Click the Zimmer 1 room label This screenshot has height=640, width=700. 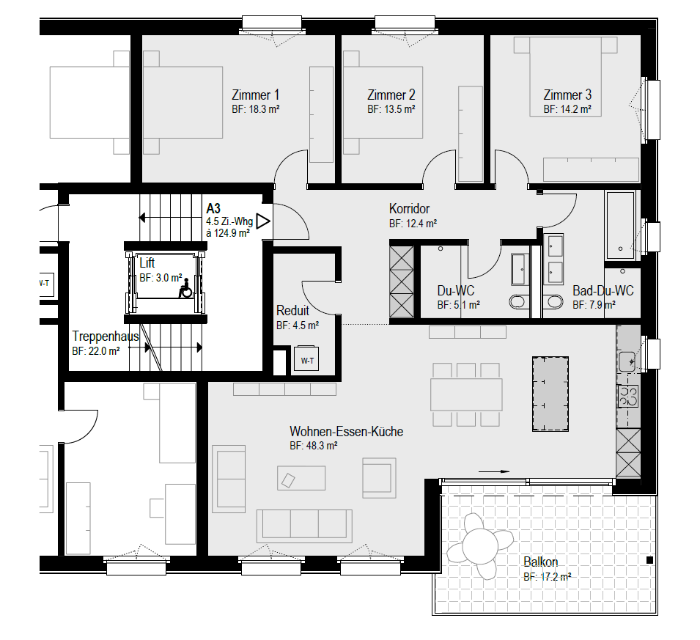pyautogui.click(x=255, y=95)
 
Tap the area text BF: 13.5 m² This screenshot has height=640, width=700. pyautogui.click(x=391, y=109)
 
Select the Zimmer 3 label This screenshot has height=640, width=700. pyautogui.click(x=567, y=95)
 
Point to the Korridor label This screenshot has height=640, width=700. pyautogui.click(x=410, y=209)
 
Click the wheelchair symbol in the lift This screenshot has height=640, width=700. pyautogui.click(x=185, y=288)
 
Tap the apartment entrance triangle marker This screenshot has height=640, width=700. pyautogui.click(x=263, y=221)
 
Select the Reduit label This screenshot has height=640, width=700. pyautogui.click(x=293, y=310)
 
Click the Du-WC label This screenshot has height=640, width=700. pyautogui.click(x=456, y=291)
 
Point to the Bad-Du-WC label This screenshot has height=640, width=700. pyautogui.click(x=603, y=291)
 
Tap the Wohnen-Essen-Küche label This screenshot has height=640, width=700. pyautogui.click(x=347, y=431)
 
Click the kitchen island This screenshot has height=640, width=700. pyautogui.click(x=550, y=394)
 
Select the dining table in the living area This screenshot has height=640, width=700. pyautogui.click(x=466, y=395)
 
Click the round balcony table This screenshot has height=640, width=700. pyautogui.click(x=480, y=545)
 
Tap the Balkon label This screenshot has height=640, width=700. pyautogui.click(x=541, y=562)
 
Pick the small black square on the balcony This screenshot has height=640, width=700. pyautogui.click(x=649, y=560)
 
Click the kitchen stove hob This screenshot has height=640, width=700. pyautogui.click(x=628, y=396)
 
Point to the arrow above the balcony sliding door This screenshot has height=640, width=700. pyautogui.click(x=494, y=471)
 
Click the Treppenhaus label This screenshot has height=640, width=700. pyautogui.click(x=106, y=336)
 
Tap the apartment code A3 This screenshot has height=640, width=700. pyautogui.click(x=213, y=209)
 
